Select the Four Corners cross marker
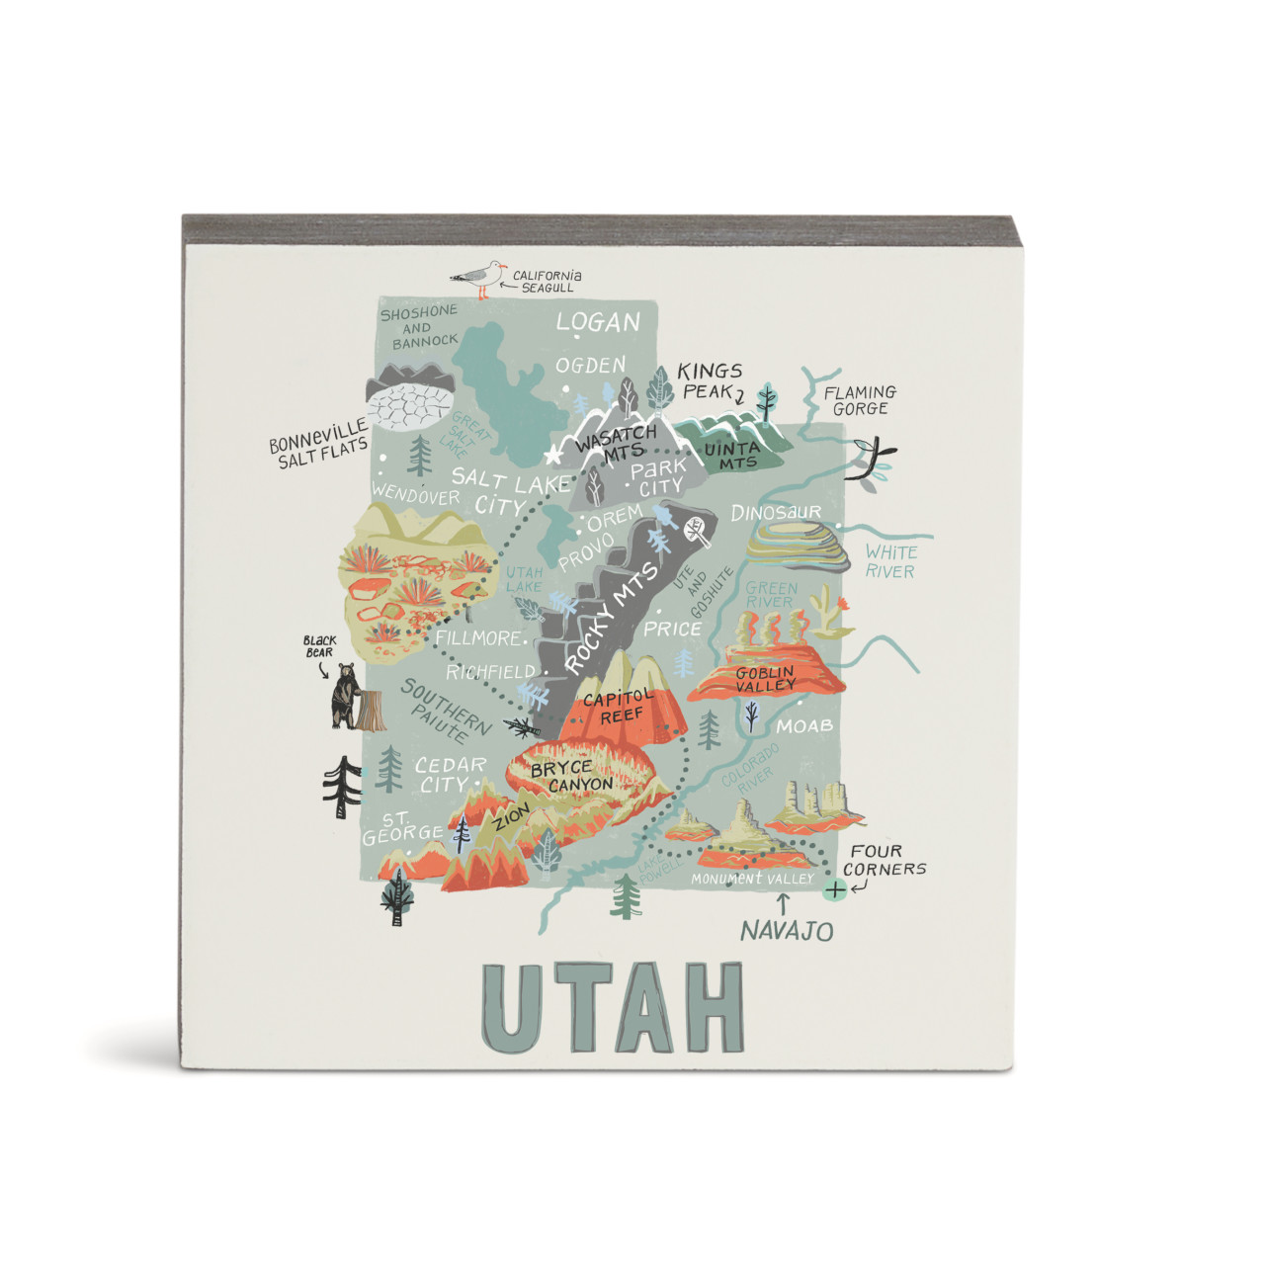(x=835, y=889)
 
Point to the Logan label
(x=598, y=322)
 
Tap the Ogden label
(x=591, y=366)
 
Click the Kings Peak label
(x=710, y=380)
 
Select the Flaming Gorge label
(x=860, y=400)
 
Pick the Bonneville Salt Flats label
(x=318, y=444)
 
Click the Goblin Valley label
(x=766, y=679)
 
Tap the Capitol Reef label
(x=620, y=706)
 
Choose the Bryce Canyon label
(x=571, y=776)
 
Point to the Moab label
(x=803, y=726)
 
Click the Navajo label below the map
(x=787, y=930)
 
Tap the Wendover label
(x=416, y=495)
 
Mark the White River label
(x=890, y=561)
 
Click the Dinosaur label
(x=776, y=512)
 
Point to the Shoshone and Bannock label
(x=420, y=327)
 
